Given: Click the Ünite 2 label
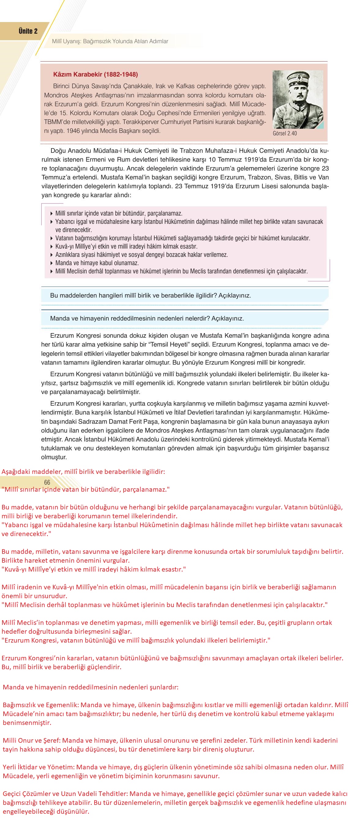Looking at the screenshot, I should tap(28, 31).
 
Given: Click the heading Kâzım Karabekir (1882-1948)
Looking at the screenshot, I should tap(96, 75).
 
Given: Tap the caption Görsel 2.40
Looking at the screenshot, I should tap(284, 133).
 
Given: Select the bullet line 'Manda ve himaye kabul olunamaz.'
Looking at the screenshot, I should tap(97, 263).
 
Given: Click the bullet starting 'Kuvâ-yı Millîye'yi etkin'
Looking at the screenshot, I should tap(126, 246).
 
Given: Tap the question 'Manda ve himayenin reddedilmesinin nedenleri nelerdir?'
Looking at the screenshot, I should tap(147, 318).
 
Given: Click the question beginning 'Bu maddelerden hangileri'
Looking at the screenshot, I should tap(150, 296).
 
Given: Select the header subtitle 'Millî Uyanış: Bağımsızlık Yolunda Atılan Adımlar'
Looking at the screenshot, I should tap(110, 41).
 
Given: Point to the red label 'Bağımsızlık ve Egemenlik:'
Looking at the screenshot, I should tap(41, 705).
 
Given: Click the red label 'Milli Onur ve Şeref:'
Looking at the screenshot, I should tap(32, 741).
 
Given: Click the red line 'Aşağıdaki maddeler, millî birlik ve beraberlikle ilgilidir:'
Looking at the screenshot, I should tap(83, 472).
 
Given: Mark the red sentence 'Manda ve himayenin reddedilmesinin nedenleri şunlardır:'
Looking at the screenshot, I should tap(91, 688).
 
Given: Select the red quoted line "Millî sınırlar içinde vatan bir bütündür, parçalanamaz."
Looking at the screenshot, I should tap(85, 489).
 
